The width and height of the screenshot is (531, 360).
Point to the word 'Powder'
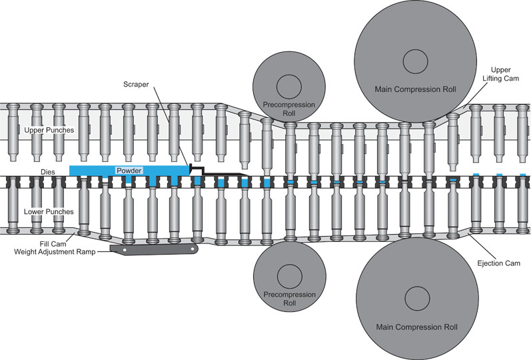click(x=130, y=170)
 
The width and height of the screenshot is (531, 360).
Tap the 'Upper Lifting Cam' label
click(x=506, y=74)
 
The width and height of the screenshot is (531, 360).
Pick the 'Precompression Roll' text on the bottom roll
click(x=290, y=299)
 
